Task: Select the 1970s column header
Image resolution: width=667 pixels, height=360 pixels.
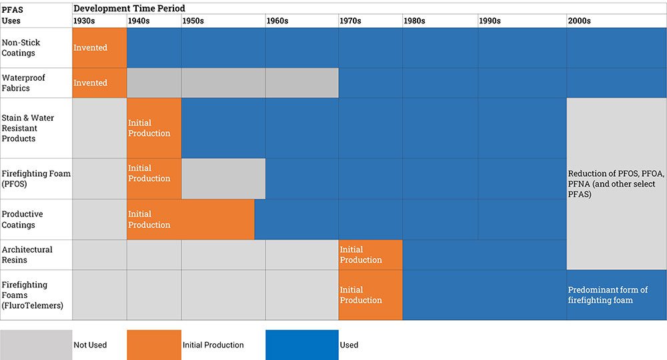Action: [x=350, y=21]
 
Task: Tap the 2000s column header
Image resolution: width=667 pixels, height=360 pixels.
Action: [x=579, y=21]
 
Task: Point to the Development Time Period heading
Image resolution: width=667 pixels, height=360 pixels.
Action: [x=129, y=8]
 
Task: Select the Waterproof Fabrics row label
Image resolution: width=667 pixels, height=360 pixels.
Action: [x=23, y=83]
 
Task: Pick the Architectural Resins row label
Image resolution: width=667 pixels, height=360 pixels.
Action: [x=27, y=255]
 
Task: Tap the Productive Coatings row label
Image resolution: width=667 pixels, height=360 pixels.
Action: [x=22, y=219]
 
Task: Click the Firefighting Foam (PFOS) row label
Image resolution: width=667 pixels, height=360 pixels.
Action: [x=36, y=179]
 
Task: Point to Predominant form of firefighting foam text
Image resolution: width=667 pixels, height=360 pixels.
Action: [x=608, y=295]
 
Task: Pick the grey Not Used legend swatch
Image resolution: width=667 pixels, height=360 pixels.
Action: [x=36, y=345]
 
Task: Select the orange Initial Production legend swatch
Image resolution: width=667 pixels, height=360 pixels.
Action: [x=153, y=345]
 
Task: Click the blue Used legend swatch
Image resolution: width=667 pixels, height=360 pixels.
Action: [x=301, y=345]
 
